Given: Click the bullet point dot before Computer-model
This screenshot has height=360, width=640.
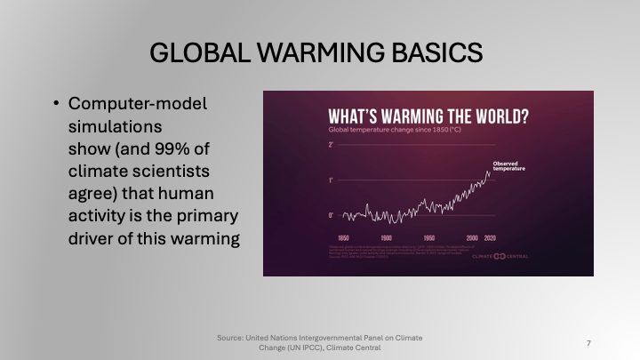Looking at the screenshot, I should click(55, 104).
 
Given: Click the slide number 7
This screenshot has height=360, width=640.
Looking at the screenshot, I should click(589, 342).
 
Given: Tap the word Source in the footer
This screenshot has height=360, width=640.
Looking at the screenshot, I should click(229, 338).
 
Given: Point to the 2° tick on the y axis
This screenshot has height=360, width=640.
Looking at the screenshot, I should click(331, 144).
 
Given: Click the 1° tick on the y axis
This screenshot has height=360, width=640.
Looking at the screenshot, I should click(331, 180).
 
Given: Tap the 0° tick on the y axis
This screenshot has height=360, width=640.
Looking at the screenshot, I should click(331, 215).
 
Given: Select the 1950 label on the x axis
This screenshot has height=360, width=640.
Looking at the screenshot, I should click(428, 238).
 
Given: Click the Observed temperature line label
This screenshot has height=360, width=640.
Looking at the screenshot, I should click(509, 165).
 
